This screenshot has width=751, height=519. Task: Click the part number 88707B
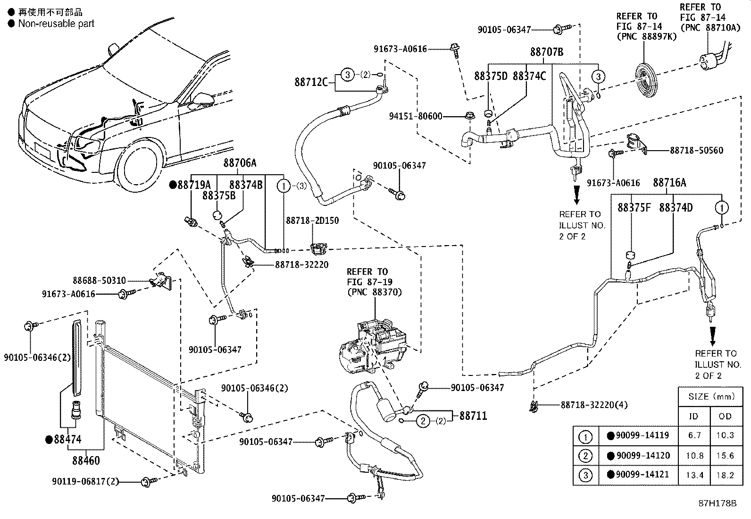546,52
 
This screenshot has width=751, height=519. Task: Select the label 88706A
240,163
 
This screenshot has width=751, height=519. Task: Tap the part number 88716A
669,183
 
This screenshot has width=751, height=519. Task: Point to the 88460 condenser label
86,460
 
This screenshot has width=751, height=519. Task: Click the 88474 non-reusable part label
64,439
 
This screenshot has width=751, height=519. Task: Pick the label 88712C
311,82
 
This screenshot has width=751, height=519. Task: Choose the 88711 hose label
473,416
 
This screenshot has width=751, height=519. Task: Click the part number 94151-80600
416,117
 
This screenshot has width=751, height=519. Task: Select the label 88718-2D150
312,221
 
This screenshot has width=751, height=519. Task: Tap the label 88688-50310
99,281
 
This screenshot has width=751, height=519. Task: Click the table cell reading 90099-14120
639,456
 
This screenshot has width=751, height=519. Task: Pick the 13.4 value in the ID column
694,475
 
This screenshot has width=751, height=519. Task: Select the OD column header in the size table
725,416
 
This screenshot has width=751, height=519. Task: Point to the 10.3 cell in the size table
725,435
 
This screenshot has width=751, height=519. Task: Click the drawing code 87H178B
718,503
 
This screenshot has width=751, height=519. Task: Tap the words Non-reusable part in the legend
56,24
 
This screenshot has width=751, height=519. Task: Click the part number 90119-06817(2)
85,482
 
